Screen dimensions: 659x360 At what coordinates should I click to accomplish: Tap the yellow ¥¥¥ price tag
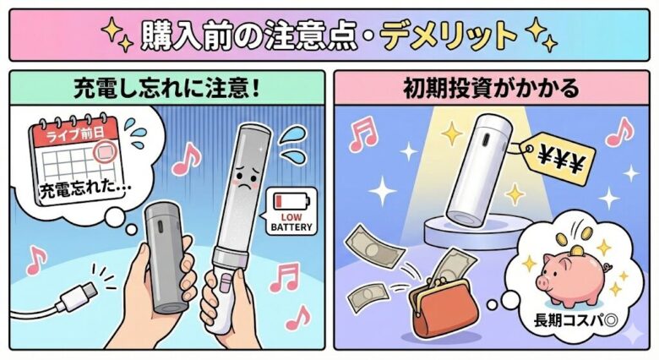[x=559, y=159]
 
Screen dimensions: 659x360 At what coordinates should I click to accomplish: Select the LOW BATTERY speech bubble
[x=291, y=210]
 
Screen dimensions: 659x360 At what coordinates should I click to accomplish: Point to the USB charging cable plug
[x=80, y=296]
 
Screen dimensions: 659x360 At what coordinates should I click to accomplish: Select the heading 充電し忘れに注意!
[x=166, y=89]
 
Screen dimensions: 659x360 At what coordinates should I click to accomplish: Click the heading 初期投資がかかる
[x=492, y=89]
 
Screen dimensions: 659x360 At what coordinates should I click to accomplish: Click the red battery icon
[x=291, y=201]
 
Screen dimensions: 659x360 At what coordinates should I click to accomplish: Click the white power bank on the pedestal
[x=478, y=171]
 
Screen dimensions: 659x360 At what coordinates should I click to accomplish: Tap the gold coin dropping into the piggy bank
[x=577, y=251]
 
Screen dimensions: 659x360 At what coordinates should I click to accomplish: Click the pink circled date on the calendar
[x=103, y=152]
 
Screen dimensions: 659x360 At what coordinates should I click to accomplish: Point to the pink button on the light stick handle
[x=226, y=281]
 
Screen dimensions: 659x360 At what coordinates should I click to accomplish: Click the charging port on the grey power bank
[x=160, y=227]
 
